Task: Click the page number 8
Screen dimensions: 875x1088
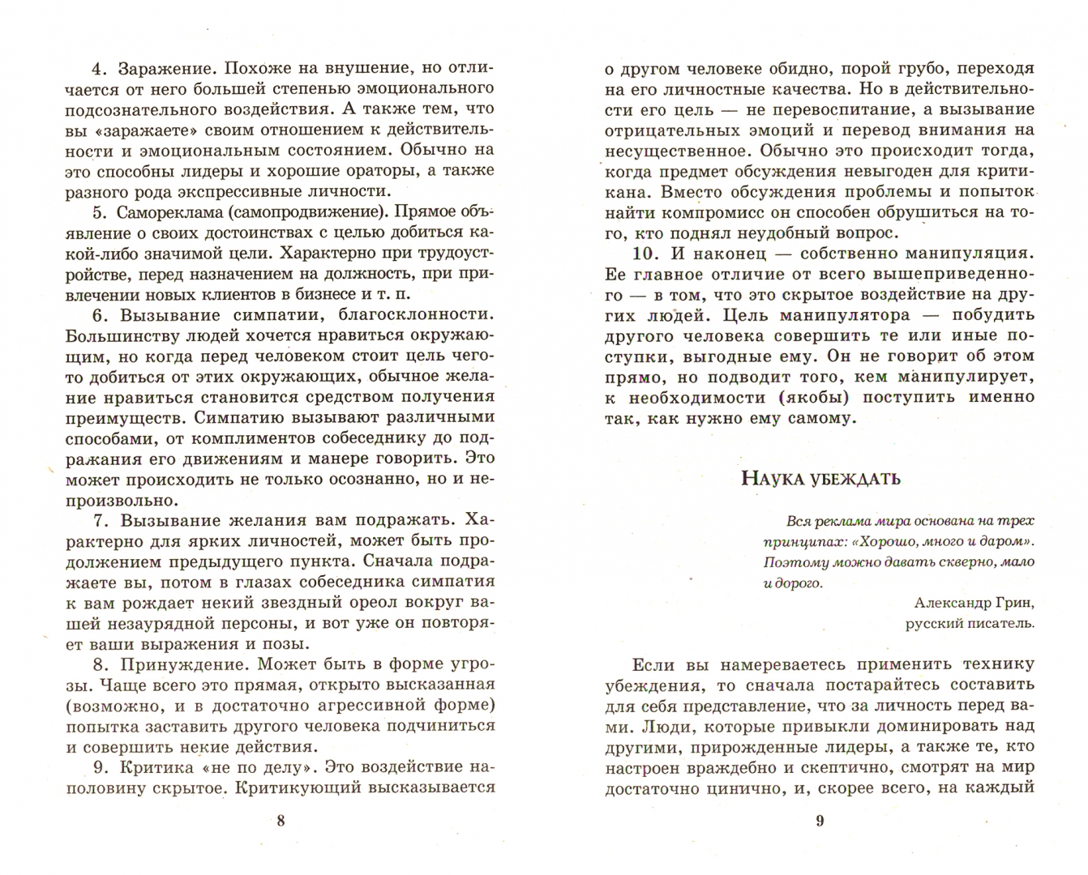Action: click(281, 821)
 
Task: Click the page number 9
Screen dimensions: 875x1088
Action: click(819, 821)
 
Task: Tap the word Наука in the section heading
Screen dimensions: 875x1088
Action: click(771, 478)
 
